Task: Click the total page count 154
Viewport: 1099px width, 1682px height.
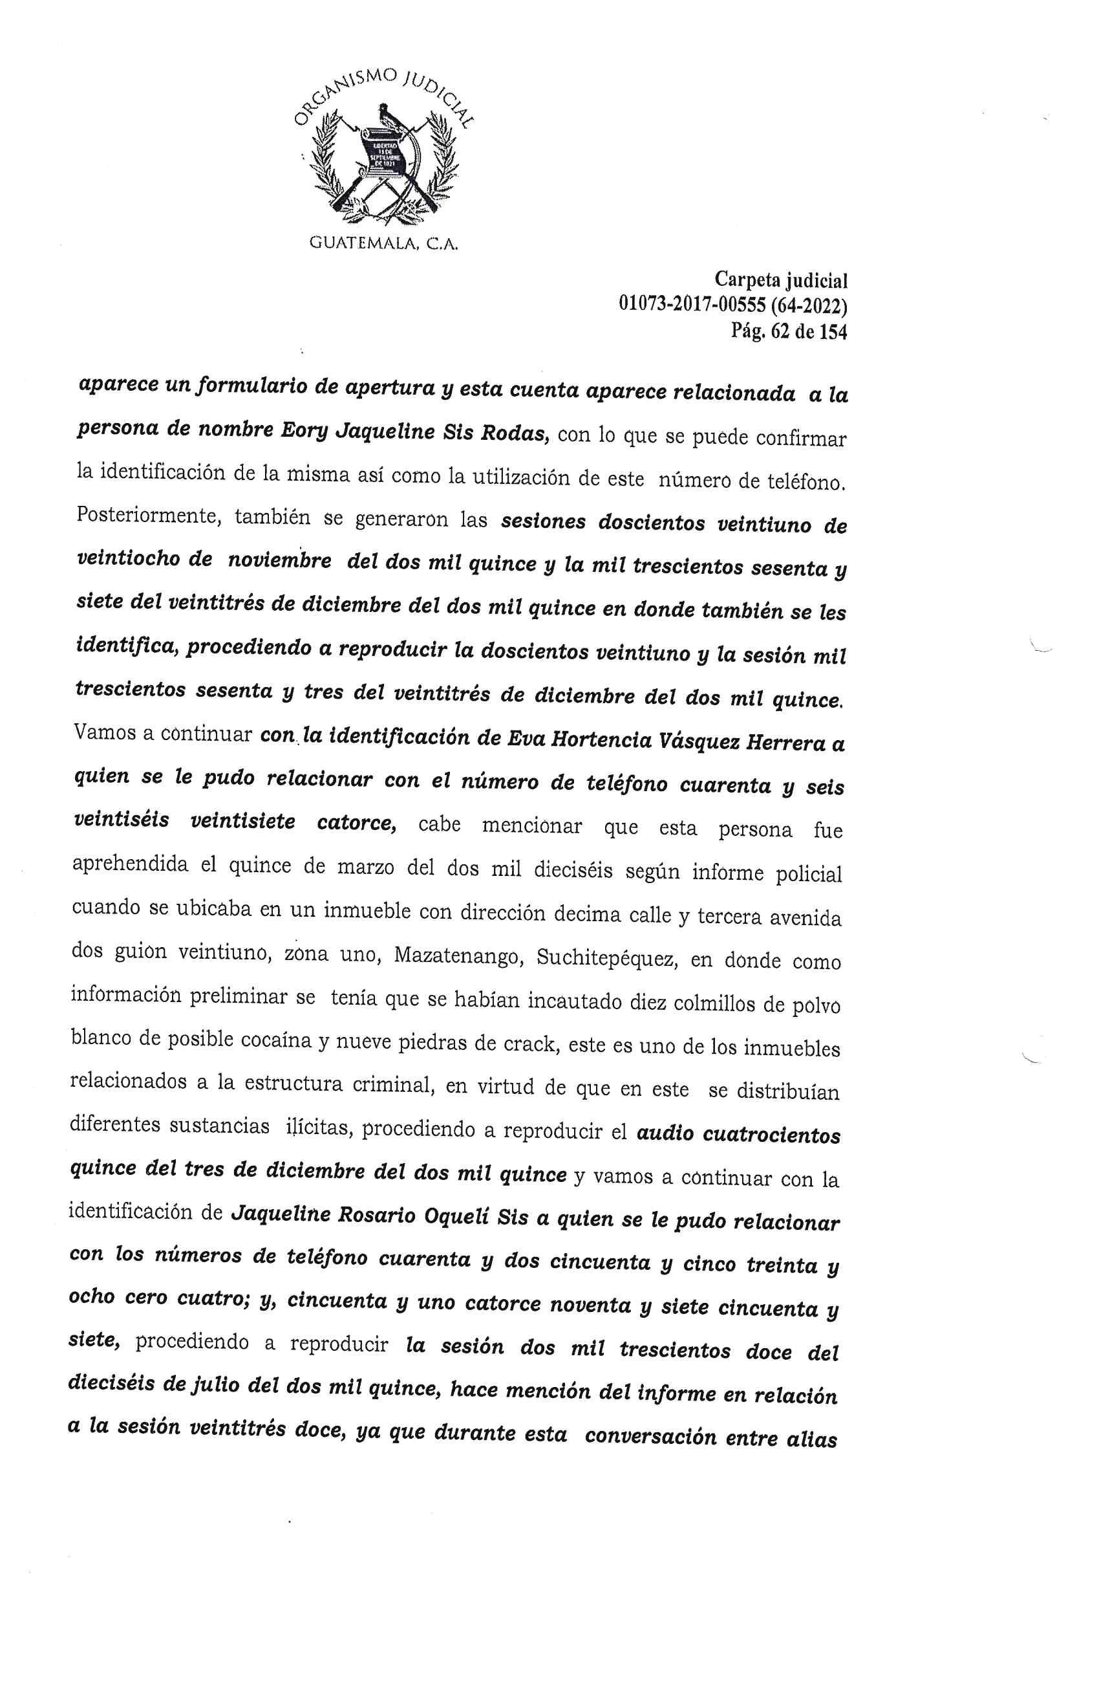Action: [832, 331]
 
